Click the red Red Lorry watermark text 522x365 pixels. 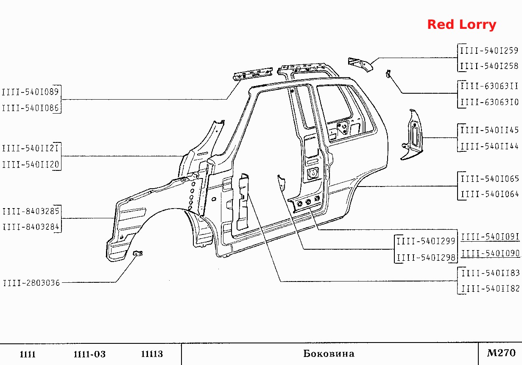[462, 25]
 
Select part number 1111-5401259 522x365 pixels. [489, 50]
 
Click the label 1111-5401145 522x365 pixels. [489, 130]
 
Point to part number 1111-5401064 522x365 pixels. [490, 194]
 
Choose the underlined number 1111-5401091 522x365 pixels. [490, 237]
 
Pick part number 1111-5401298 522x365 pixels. [426, 258]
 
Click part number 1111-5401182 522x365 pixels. [491, 289]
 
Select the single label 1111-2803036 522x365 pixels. [31, 283]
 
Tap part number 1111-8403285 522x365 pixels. [31, 211]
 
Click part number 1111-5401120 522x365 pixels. [31, 164]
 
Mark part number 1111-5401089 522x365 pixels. [30, 92]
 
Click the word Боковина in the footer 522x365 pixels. [329, 354]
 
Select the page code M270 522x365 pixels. [501, 353]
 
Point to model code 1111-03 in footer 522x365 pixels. [89, 354]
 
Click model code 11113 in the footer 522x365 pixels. [152, 354]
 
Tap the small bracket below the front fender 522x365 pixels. [138, 253]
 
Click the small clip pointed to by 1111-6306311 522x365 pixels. [388, 74]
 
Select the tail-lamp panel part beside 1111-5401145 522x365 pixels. [412, 135]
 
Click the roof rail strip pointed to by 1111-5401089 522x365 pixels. [253, 74]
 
